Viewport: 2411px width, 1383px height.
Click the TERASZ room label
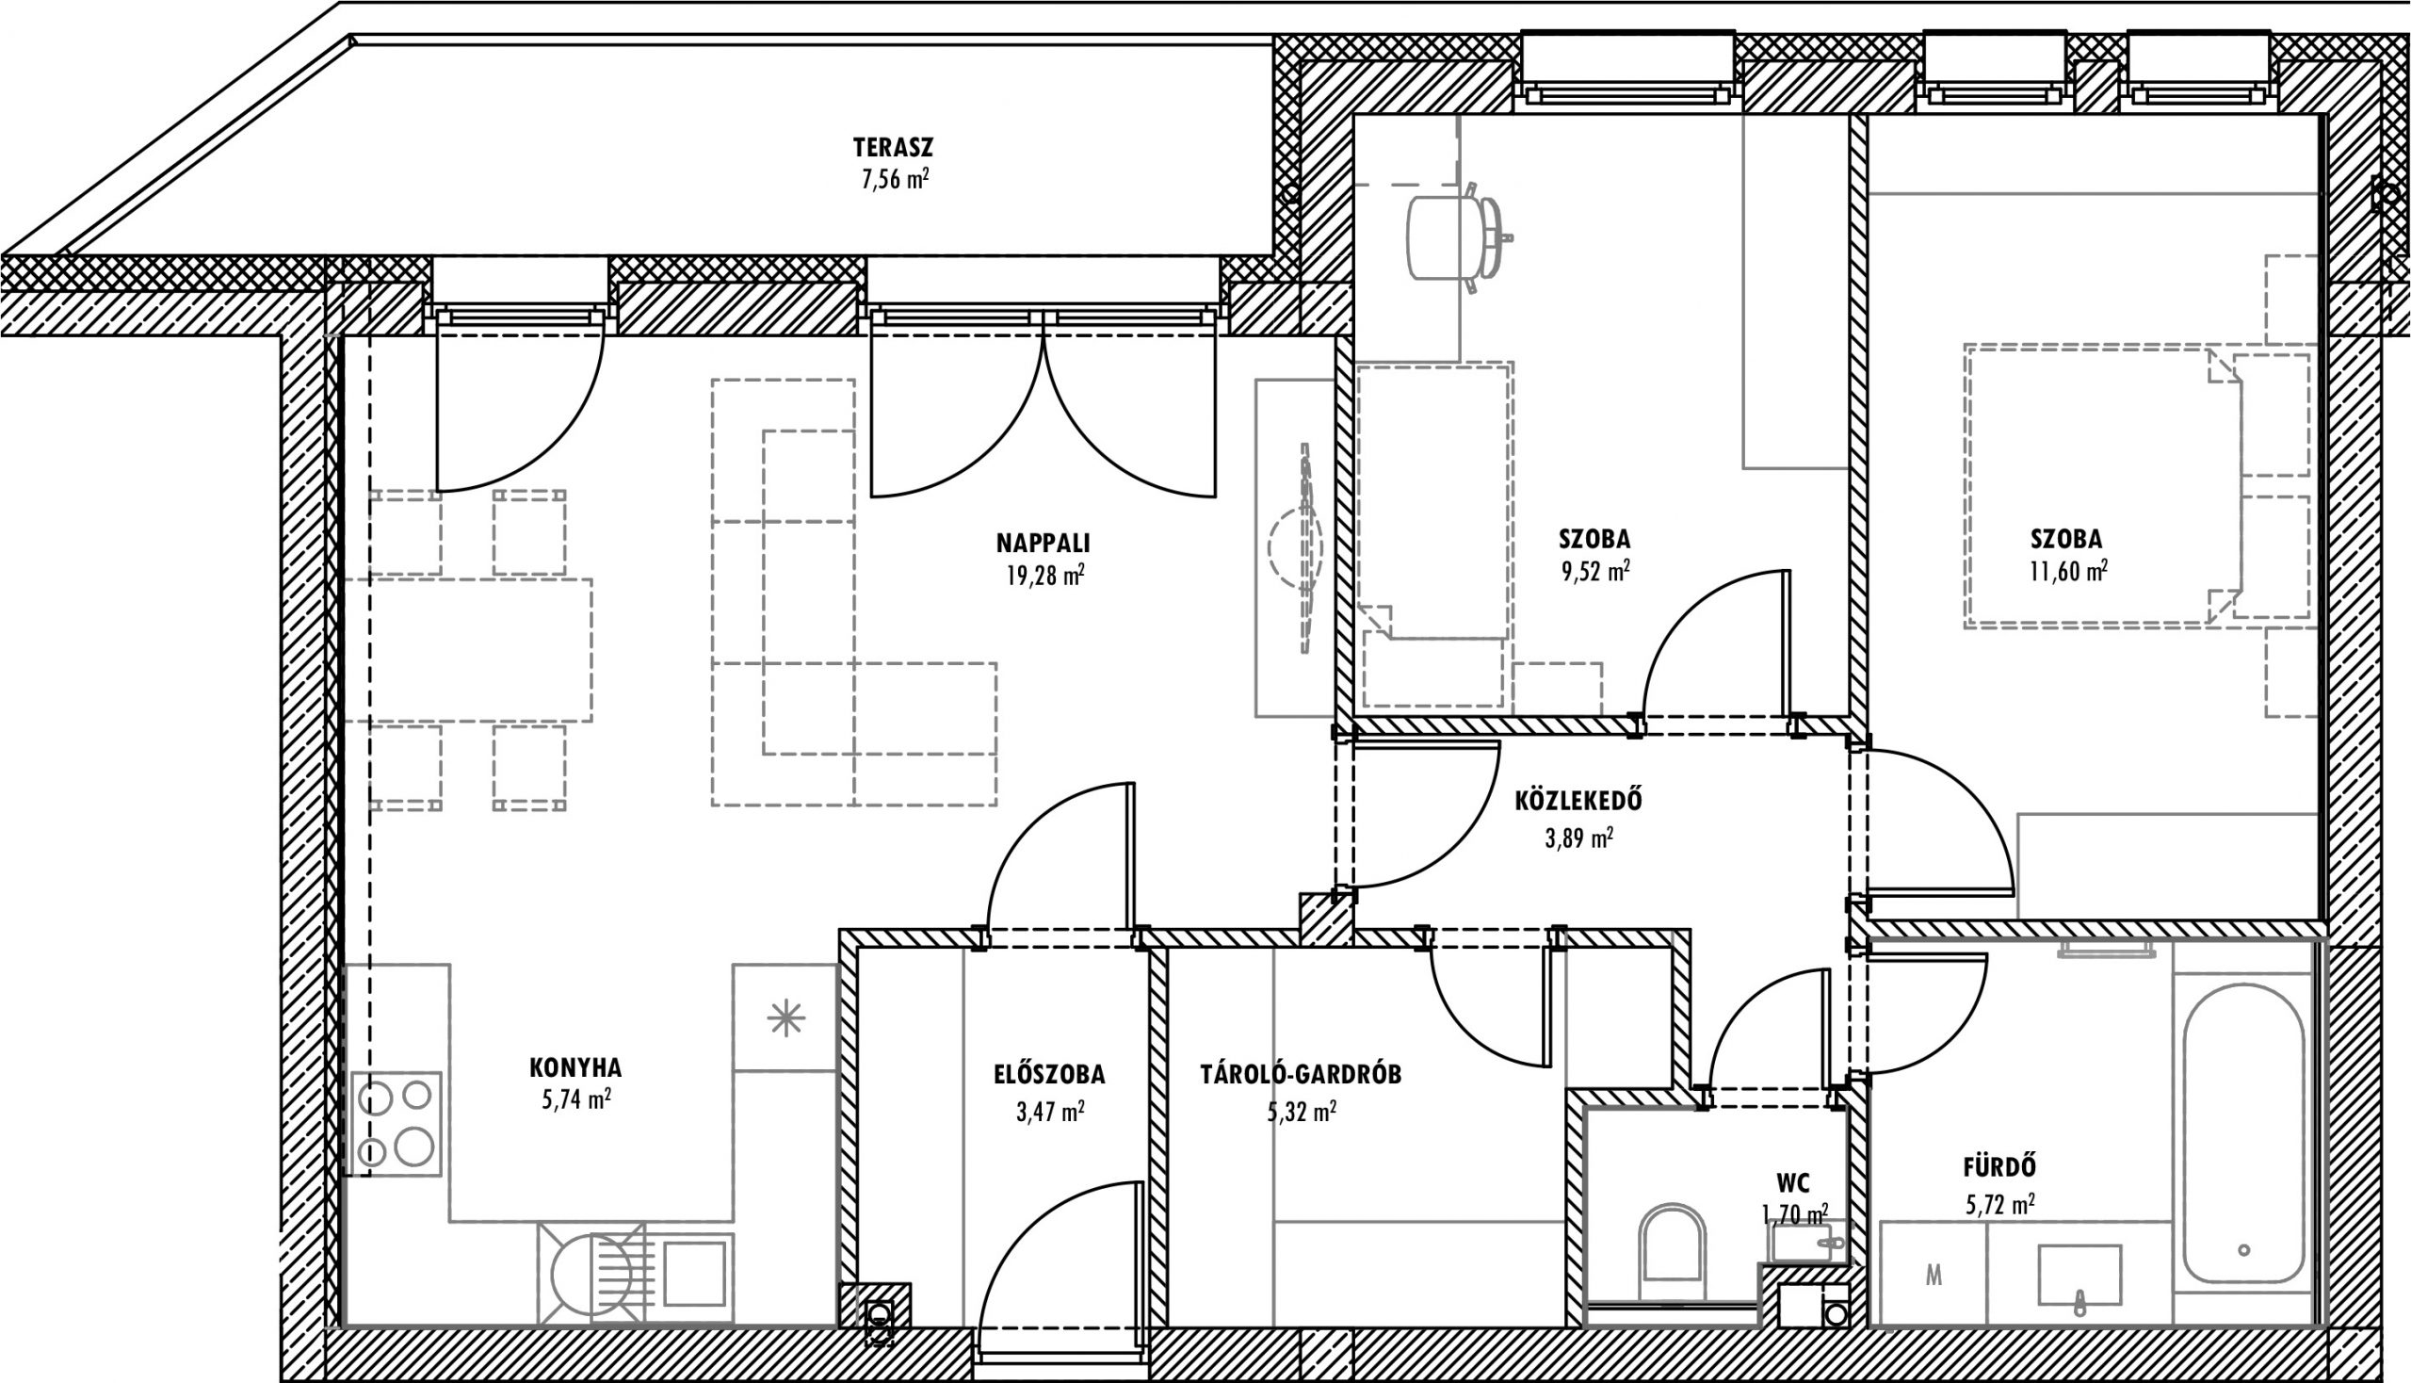point(893,147)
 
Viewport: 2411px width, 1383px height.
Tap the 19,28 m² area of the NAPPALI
point(1045,576)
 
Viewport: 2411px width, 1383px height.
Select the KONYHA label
point(575,1066)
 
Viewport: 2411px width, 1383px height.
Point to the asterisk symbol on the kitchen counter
point(786,1019)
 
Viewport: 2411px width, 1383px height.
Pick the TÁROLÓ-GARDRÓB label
point(1301,1074)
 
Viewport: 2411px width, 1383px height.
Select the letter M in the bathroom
point(1934,1277)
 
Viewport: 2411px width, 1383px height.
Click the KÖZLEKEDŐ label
point(1578,801)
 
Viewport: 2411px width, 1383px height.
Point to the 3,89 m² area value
point(1578,838)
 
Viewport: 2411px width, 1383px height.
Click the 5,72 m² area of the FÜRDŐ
point(1999,1205)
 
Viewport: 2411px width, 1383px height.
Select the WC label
point(1793,1183)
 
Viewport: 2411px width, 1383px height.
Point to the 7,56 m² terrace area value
point(895,180)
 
